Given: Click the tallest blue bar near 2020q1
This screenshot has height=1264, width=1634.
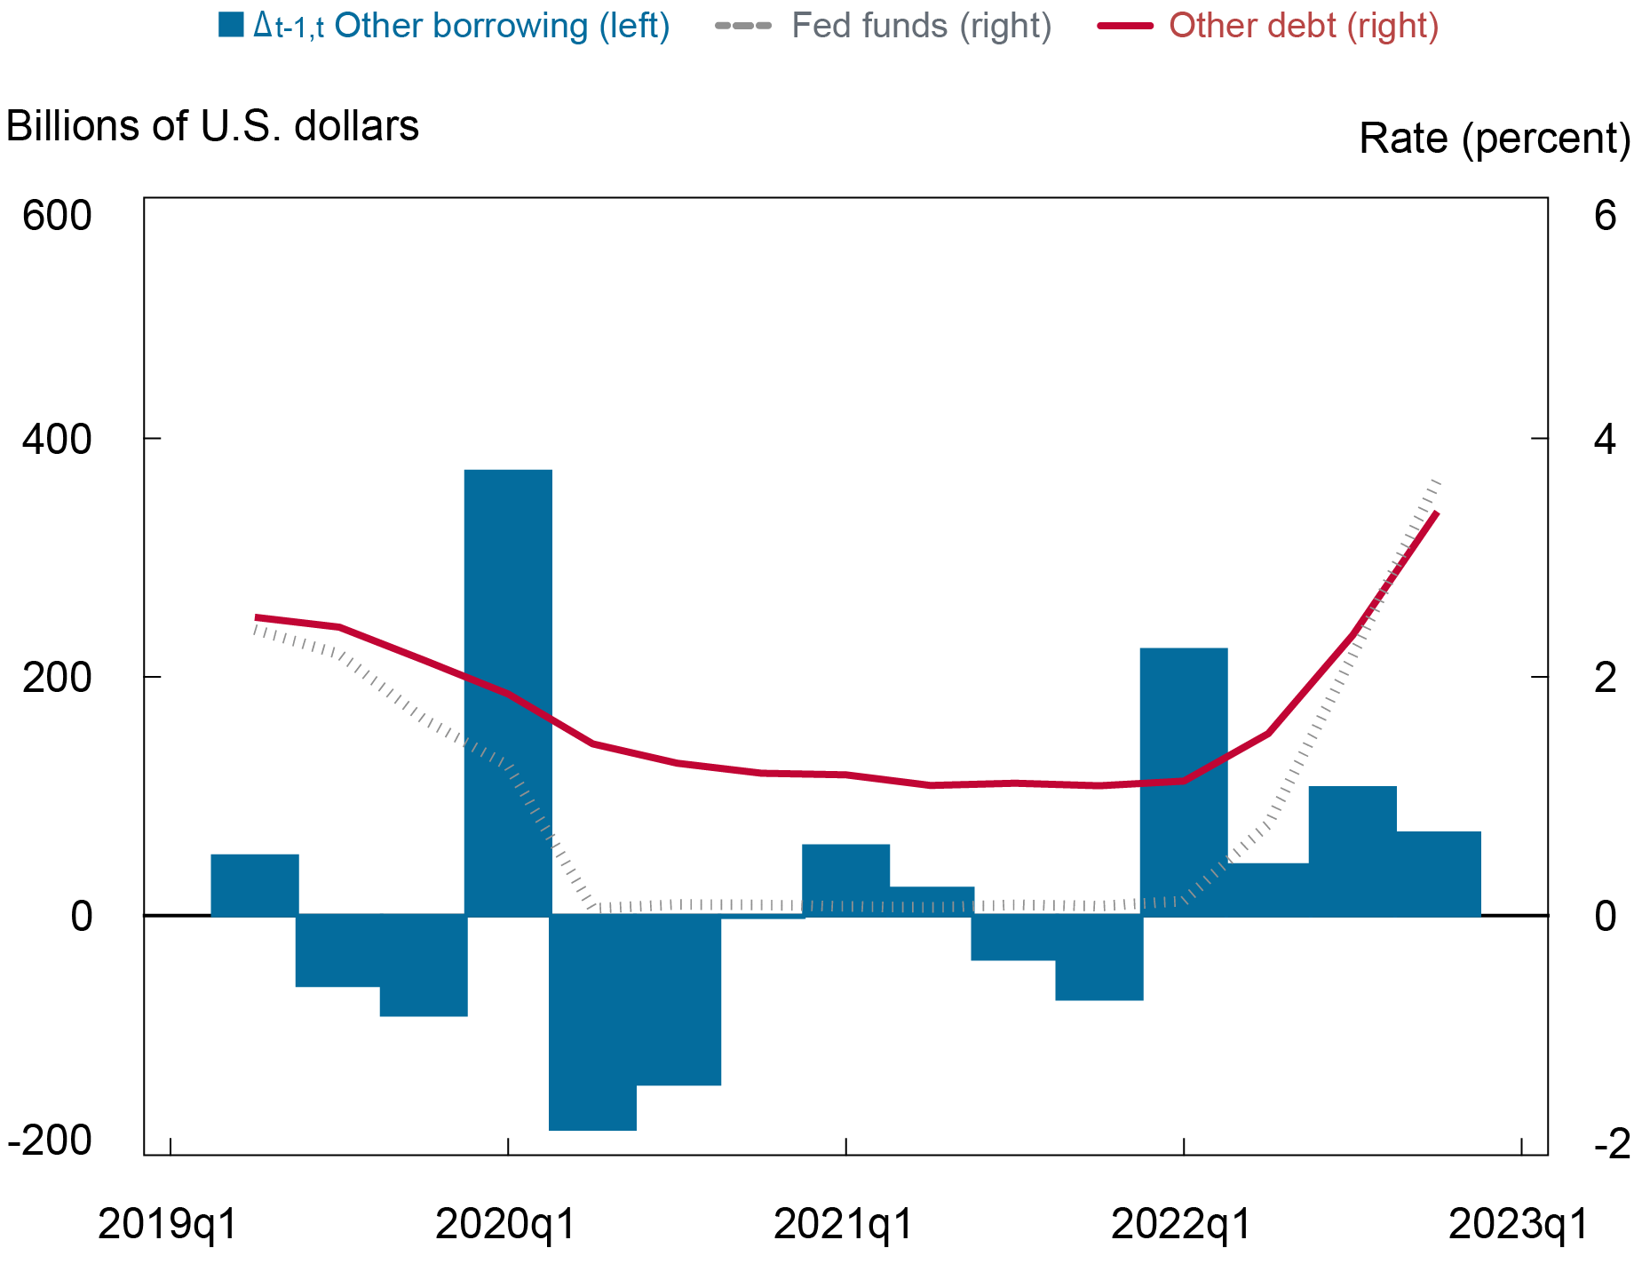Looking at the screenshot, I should [x=508, y=693].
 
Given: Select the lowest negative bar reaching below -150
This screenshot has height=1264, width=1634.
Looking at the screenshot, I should [x=592, y=1022].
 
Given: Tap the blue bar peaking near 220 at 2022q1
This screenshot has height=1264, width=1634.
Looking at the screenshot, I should [x=1183, y=782].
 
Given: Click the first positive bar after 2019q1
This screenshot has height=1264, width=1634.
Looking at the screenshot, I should [x=255, y=885].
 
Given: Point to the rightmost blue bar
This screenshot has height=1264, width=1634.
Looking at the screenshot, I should [x=1439, y=873].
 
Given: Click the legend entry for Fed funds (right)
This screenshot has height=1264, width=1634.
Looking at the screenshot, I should [x=921, y=26].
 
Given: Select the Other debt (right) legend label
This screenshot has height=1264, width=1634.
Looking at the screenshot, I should [x=1303, y=26].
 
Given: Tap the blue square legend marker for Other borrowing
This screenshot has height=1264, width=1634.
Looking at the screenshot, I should [x=231, y=26].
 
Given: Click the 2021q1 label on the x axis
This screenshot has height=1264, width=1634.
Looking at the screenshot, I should [x=844, y=1225].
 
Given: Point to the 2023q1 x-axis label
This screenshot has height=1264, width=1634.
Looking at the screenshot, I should [x=1519, y=1225].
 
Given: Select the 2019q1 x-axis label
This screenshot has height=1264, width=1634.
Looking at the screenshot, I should [x=168, y=1225].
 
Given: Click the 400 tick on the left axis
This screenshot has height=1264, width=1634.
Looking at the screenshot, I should [x=57, y=440].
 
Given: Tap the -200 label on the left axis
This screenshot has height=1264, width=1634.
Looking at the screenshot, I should [x=50, y=1141].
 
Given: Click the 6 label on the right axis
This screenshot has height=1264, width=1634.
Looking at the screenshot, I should [x=1605, y=216].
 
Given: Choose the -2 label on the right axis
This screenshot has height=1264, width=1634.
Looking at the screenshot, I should [x=1611, y=1144].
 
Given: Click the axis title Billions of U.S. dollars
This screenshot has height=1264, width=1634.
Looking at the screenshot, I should [x=212, y=126].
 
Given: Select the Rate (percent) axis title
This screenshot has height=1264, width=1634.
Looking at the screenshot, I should [x=1495, y=139].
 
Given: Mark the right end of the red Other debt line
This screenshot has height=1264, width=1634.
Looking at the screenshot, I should [x=1436, y=513].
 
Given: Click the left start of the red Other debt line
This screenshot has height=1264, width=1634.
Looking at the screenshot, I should [x=257, y=617].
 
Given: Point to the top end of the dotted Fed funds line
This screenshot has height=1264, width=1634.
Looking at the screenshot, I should [x=1439, y=481].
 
